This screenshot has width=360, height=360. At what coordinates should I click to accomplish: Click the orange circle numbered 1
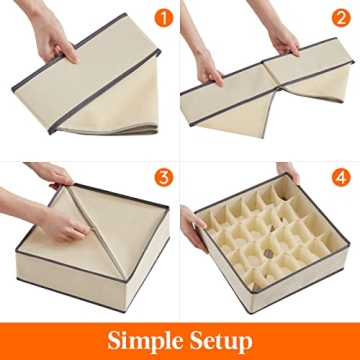coord(158,18)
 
